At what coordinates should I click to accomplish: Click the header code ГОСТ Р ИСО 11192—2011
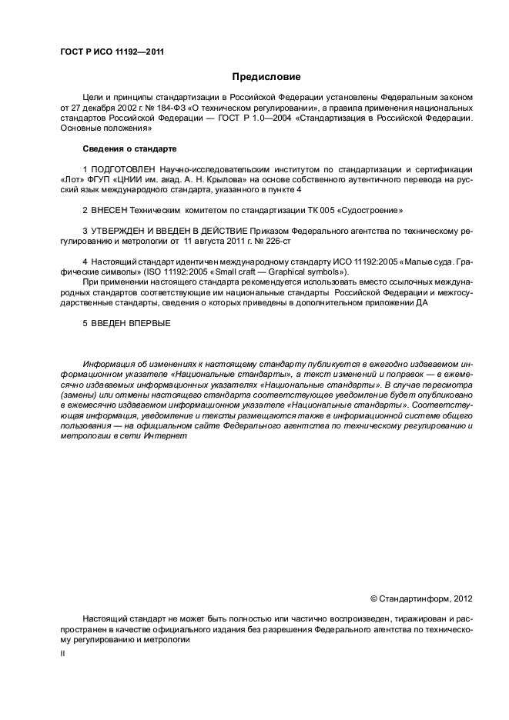pyautogui.click(x=112, y=53)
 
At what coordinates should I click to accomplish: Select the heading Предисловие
pyautogui.click(x=266, y=77)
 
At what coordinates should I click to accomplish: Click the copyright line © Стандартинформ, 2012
pyautogui.click(x=421, y=598)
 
